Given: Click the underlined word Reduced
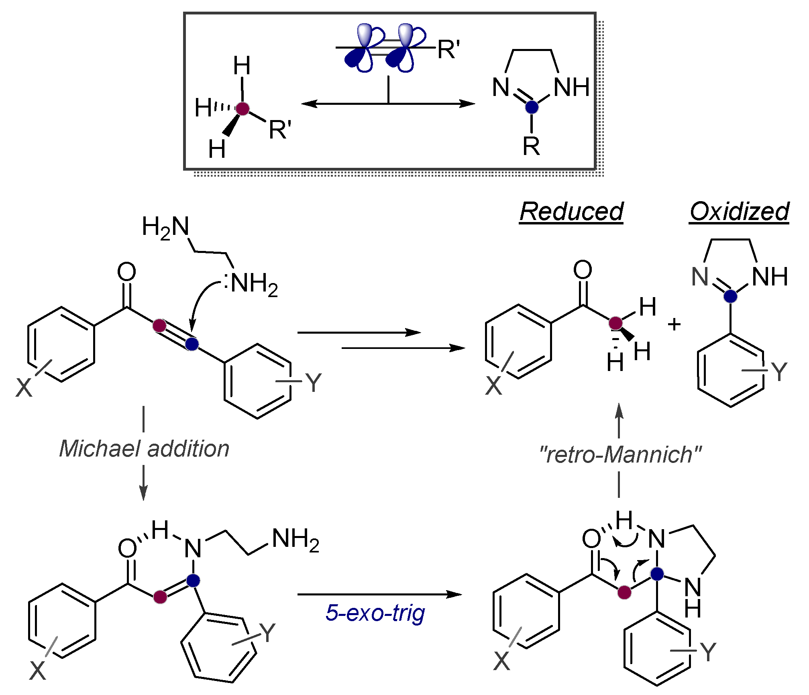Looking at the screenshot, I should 571,212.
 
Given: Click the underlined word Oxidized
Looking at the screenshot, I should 739,212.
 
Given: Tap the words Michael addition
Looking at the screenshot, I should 144,448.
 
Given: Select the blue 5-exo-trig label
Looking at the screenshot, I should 375,613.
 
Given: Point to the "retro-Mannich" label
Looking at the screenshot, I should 620,455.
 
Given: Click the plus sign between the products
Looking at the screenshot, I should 674,324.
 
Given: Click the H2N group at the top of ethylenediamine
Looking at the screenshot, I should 165,227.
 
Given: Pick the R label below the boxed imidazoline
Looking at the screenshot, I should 531,146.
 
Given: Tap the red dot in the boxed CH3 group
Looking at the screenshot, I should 242,108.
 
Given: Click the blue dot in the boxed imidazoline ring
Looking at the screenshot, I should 532,107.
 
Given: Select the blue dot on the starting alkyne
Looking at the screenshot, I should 192,344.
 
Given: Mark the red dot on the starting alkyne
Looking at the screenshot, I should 159,325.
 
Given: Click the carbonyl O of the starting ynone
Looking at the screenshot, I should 126,272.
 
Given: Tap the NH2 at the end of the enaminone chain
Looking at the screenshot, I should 295,539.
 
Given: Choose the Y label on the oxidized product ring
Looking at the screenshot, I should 779,371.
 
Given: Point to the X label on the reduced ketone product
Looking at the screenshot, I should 494,386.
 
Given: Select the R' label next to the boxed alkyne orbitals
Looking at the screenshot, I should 448,50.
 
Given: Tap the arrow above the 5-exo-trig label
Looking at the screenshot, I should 379,594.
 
